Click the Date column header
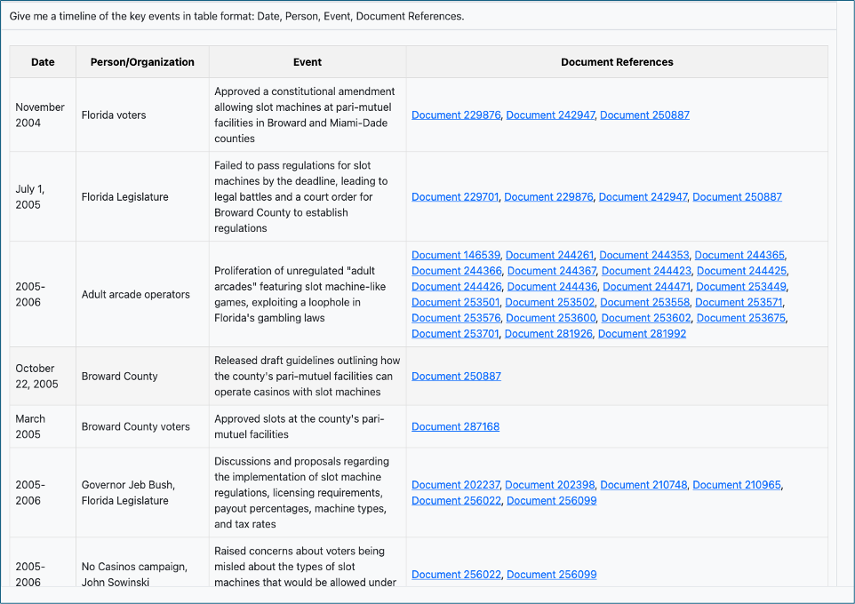43,62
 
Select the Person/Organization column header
142,62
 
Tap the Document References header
617,62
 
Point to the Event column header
308,62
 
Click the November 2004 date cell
40,115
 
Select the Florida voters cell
114,115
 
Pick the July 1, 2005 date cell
30,196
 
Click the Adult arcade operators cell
135,294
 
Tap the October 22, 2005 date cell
36,376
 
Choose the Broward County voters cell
135,426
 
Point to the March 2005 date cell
30,426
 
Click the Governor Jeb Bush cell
128,485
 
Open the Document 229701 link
455,197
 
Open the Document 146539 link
456,255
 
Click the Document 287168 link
455,426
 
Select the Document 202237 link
456,485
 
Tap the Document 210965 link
737,485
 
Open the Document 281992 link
642,334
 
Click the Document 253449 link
741,287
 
